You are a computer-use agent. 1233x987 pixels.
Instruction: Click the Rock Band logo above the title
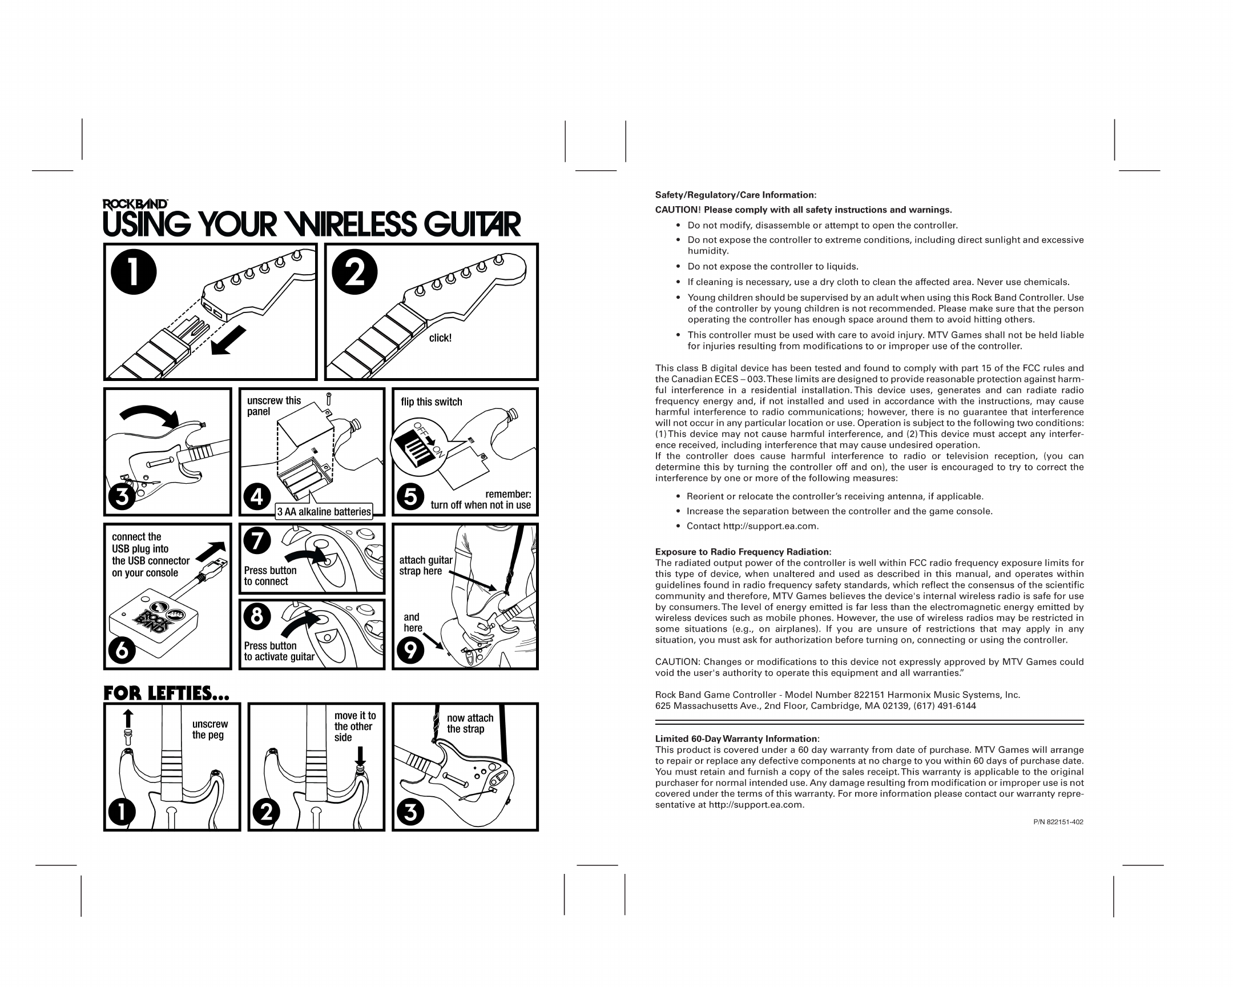(135, 204)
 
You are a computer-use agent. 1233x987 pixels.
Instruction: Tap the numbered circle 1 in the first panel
(133, 272)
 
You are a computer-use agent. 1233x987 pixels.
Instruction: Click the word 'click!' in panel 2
(440, 338)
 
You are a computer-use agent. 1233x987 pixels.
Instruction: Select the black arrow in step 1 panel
(228, 340)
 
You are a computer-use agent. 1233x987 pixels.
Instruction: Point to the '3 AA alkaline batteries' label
(324, 512)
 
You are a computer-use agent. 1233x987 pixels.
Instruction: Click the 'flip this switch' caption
(431, 402)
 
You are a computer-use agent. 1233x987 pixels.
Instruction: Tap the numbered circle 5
(410, 497)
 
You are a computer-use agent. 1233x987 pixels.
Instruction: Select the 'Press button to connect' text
(270, 576)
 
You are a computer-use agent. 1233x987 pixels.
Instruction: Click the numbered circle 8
(257, 616)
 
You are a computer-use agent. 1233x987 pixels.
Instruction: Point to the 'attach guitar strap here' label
(425, 565)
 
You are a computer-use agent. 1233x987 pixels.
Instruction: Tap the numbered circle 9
(410, 650)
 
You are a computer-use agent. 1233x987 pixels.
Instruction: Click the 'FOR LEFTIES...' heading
(166, 693)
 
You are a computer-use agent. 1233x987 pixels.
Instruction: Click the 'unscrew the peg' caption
(209, 729)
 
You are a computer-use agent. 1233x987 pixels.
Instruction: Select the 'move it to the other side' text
(354, 726)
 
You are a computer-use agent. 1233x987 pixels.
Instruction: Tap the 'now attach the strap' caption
(470, 723)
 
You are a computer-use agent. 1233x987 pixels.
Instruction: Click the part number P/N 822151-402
(1058, 822)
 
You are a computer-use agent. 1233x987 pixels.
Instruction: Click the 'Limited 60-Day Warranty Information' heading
(736, 739)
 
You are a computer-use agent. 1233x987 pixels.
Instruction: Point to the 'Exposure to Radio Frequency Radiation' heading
(742, 552)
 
